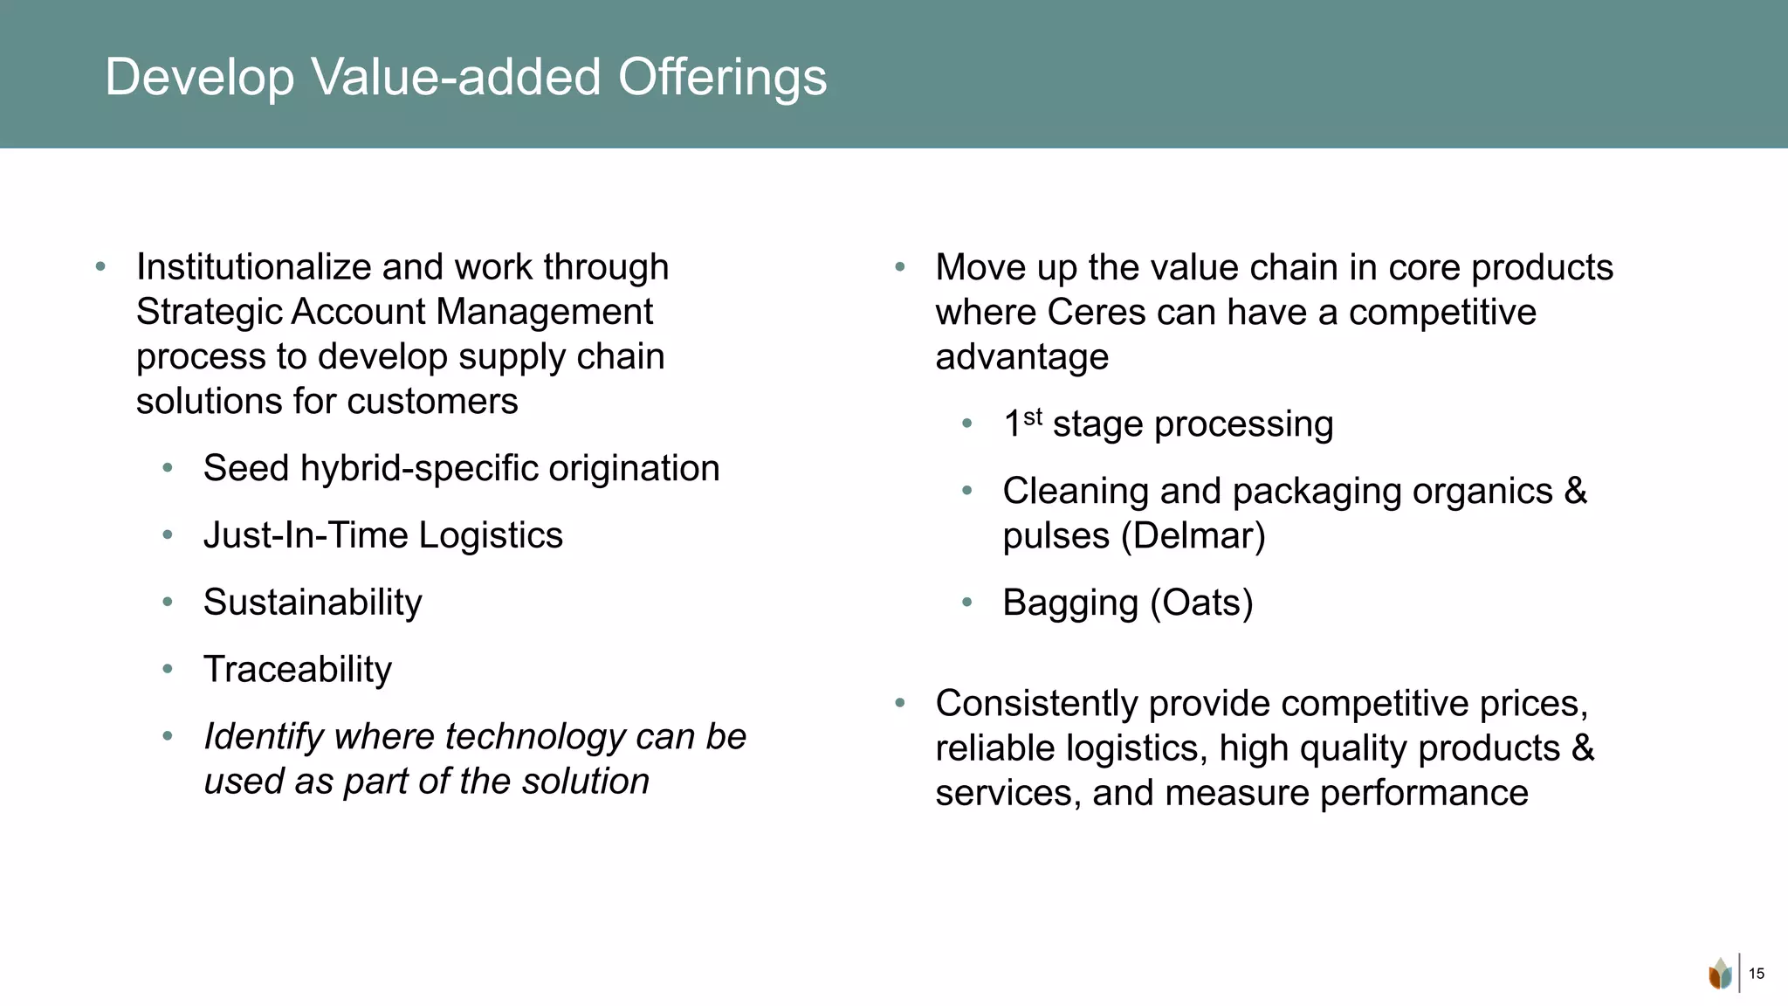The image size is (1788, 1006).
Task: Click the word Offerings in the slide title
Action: [x=722, y=78]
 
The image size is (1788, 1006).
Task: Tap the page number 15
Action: [x=1757, y=974]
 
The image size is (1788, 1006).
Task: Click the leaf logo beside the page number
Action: [x=1720, y=974]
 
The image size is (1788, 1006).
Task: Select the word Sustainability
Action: [x=313, y=603]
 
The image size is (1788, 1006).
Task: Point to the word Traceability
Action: [x=298, y=670]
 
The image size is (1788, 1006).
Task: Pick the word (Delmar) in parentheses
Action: [x=1193, y=535]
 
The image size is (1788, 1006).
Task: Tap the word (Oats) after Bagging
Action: [x=1201, y=603]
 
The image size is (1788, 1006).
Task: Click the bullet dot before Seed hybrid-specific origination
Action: [x=168, y=468]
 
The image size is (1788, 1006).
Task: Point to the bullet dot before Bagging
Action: [x=966, y=602]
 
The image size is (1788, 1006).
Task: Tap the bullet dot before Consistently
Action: [x=900, y=702]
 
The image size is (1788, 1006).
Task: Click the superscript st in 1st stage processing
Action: [x=1033, y=417]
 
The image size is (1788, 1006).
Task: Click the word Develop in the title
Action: [x=200, y=78]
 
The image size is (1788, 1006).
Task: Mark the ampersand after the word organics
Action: [x=1575, y=491]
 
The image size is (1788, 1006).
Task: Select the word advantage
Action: [x=1021, y=357]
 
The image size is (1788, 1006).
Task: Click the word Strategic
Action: [x=208, y=312]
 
